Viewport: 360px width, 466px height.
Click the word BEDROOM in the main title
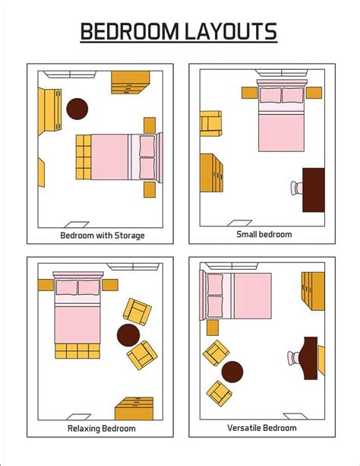(128, 32)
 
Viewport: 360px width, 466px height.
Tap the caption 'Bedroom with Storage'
(102, 235)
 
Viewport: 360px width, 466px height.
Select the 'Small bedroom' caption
(264, 234)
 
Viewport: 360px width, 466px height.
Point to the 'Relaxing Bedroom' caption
(101, 429)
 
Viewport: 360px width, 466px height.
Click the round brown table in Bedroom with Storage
(77, 109)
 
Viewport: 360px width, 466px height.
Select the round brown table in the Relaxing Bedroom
(128, 334)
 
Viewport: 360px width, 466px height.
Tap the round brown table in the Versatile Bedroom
(232, 372)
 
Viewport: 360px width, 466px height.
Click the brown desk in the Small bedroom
(314, 190)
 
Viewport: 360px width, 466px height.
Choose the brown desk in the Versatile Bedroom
(310, 358)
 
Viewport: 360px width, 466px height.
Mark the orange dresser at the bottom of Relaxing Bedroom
(134, 409)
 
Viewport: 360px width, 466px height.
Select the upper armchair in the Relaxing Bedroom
(137, 311)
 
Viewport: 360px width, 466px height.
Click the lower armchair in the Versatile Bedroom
(219, 392)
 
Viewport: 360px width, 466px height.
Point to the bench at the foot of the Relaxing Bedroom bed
(77, 351)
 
